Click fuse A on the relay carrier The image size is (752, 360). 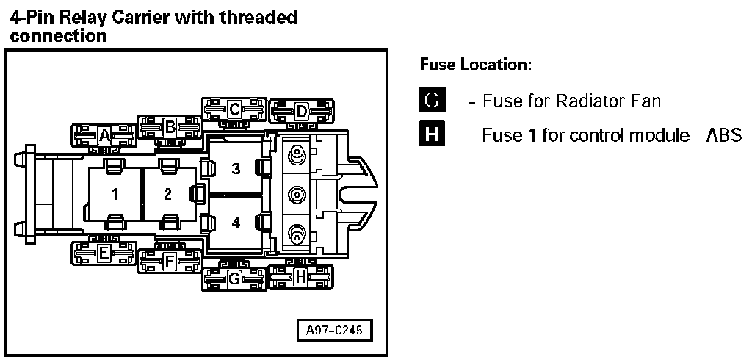click(104, 135)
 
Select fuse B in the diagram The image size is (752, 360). click(169, 126)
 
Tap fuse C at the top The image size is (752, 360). click(234, 110)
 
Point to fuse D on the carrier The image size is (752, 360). click(300, 112)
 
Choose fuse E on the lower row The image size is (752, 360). click(104, 253)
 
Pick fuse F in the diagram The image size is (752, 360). click(169, 260)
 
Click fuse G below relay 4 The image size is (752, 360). click(234, 278)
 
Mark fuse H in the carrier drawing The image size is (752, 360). click(300, 277)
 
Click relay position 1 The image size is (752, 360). click(115, 194)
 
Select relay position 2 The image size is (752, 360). click(168, 194)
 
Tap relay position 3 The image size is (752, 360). click(236, 169)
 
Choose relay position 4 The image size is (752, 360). click(236, 223)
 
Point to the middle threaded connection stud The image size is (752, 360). click(297, 195)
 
